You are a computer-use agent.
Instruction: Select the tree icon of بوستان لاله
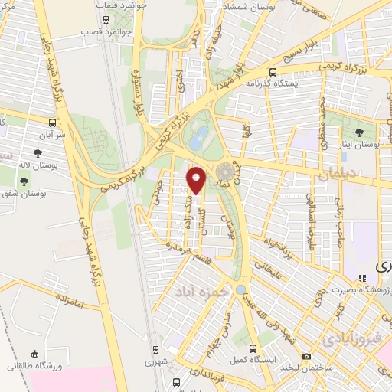coord(24,182)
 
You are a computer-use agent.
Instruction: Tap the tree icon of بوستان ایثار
coord(359,132)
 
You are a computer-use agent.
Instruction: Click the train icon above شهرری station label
coord(157,348)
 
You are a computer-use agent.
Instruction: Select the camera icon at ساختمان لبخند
coord(306,356)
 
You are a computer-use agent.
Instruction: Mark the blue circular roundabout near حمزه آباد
coord(240,289)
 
